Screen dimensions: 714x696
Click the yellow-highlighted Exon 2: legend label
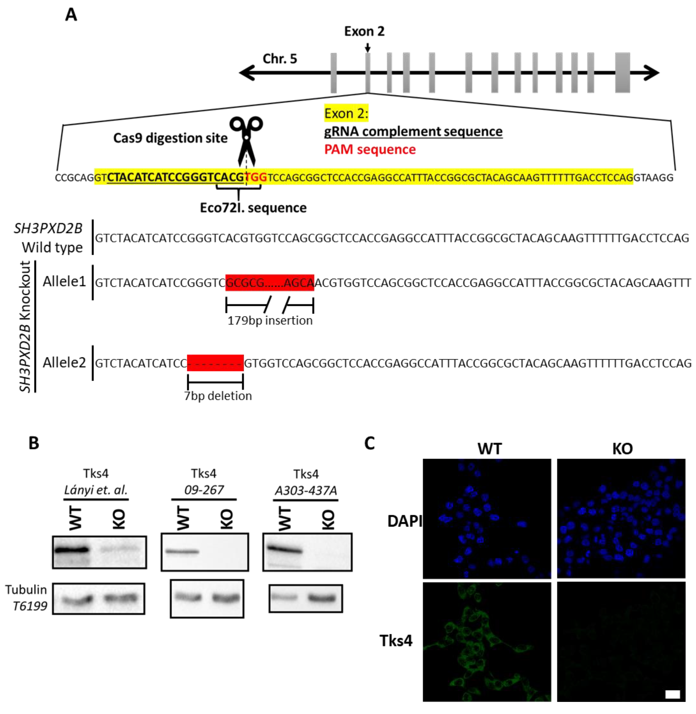coord(346,114)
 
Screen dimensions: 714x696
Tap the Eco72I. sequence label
coord(253,208)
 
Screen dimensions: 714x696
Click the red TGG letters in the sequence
coord(256,178)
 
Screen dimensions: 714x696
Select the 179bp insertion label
coord(270,320)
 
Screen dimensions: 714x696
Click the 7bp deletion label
coord(218,396)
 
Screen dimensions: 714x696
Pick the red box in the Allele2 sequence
coord(215,363)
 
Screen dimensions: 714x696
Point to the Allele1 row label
coord(64,281)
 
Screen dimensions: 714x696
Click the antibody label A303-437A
coord(306,490)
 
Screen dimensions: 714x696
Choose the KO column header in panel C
coord(622,449)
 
